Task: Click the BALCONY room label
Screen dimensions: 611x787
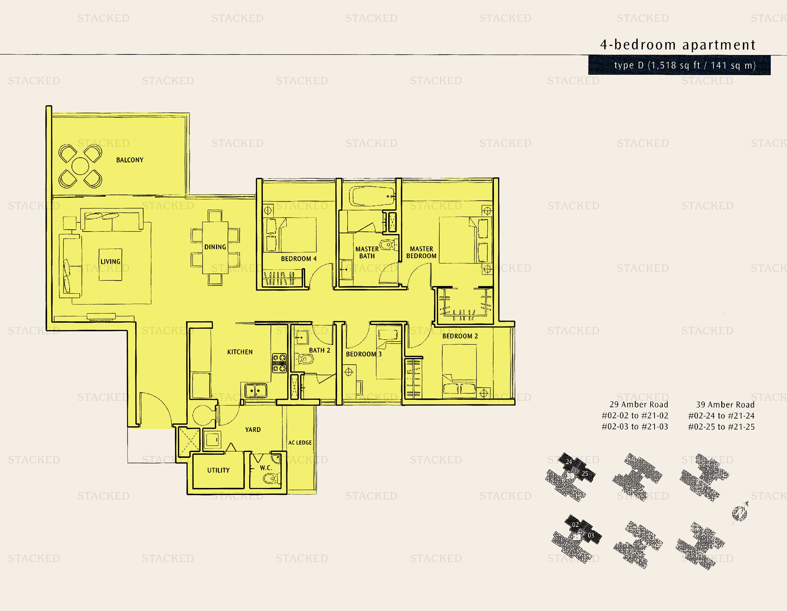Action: (x=130, y=160)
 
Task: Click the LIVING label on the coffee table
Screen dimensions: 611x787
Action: (x=110, y=262)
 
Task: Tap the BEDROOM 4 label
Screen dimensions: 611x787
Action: (x=299, y=259)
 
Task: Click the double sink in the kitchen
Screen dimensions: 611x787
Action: (x=256, y=390)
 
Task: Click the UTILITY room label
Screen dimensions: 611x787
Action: (x=218, y=470)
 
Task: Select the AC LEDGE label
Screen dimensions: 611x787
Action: (x=300, y=442)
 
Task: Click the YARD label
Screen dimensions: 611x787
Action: (x=253, y=429)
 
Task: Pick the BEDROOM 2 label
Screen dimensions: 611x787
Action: (x=460, y=336)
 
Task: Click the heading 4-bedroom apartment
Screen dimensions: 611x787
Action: (x=677, y=45)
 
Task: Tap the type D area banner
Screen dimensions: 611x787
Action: (x=679, y=65)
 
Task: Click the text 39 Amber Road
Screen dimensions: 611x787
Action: (x=725, y=405)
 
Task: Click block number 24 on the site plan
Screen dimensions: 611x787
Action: (x=569, y=461)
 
